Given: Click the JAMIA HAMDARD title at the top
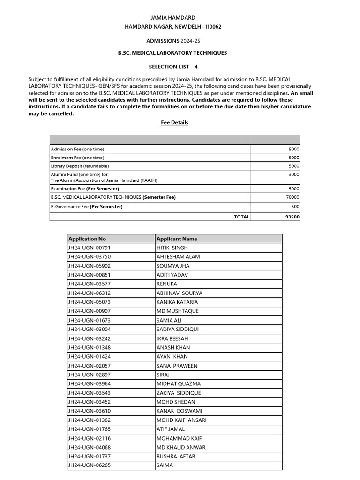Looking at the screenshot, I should click(173, 18).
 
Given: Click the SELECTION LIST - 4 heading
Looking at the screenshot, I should click(173, 67).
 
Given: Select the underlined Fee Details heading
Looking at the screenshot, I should click(173, 123).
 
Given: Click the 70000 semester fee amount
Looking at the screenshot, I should click(292, 198).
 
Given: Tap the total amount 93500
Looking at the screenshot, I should click(292, 217).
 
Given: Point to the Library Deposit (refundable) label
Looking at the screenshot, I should click(80, 166).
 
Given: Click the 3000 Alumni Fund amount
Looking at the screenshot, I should click(294, 174).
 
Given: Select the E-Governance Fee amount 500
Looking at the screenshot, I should click(295, 207).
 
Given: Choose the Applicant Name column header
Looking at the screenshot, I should click(177, 239).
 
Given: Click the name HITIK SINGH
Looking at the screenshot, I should click(172, 247).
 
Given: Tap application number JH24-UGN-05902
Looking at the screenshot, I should click(89, 266).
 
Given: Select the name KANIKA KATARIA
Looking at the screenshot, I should click(177, 302).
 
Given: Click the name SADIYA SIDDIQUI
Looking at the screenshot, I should click(178, 330).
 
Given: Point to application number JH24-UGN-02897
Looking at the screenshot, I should click(89, 375).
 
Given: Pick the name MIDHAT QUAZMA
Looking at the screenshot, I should click(179, 384).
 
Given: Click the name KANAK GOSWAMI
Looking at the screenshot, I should click(179, 411).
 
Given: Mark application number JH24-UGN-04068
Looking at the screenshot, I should click(89, 447).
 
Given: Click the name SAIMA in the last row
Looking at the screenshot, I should click(165, 465).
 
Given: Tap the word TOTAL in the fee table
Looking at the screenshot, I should click(241, 217).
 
